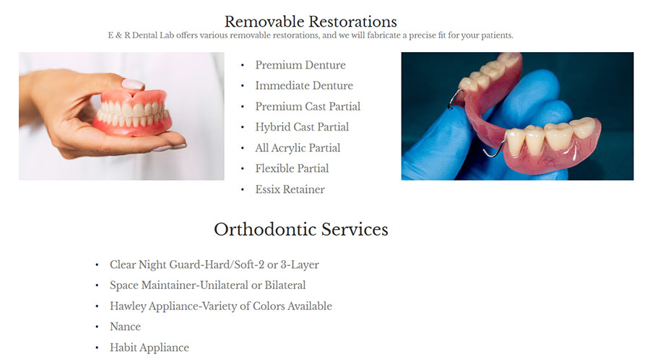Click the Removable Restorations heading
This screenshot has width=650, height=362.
[x=311, y=22]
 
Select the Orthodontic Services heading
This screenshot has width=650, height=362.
[x=301, y=229]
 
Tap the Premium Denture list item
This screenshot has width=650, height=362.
[x=300, y=65]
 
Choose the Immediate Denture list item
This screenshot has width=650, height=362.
[x=304, y=86]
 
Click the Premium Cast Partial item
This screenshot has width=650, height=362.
[x=308, y=106]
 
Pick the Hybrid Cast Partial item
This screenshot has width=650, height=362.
[x=302, y=127]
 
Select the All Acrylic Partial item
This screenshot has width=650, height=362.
[x=298, y=148]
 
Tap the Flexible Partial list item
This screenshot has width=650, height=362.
[x=292, y=169]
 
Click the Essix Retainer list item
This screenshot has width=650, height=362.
[x=290, y=189]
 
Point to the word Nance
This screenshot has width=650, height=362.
[x=125, y=327]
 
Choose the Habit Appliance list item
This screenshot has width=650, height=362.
[x=149, y=348]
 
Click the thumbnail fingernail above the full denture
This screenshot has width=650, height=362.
[x=133, y=84]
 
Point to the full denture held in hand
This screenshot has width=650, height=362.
[x=133, y=113]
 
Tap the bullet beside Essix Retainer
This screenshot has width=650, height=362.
[x=243, y=189]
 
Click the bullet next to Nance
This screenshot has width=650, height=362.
[x=97, y=327]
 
